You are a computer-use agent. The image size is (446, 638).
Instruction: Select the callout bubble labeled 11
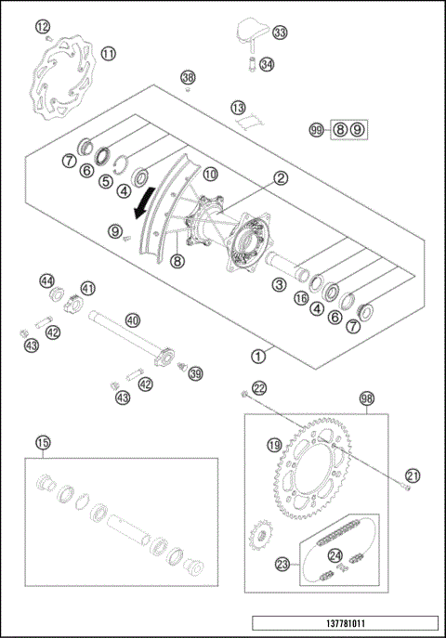109,54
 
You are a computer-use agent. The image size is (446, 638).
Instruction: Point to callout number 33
280,33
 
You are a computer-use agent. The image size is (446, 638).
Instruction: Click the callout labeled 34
267,64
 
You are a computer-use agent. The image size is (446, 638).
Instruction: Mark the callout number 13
238,108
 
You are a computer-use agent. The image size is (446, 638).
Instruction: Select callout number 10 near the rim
210,173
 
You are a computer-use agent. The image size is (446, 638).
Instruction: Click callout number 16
300,297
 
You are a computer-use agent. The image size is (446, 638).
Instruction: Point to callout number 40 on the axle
133,320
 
